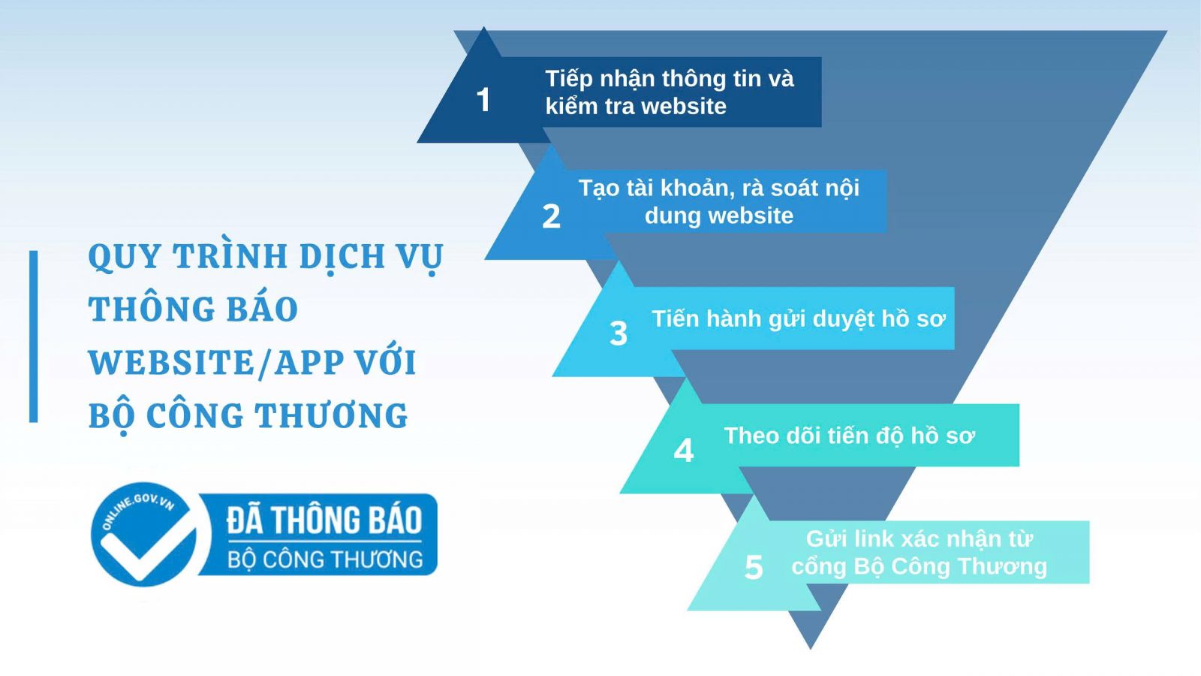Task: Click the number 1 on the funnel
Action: (483, 100)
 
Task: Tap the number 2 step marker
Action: (551, 216)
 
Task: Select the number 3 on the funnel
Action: (618, 333)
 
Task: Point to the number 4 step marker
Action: (683, 451)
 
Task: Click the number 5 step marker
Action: (753, 567)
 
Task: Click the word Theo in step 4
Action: (751, 436)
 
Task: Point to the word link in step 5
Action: (873, 539)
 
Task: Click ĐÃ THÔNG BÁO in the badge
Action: (324, 520)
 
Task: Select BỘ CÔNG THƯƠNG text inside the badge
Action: (325, 560)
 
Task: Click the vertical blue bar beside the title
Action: (33, 336)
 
